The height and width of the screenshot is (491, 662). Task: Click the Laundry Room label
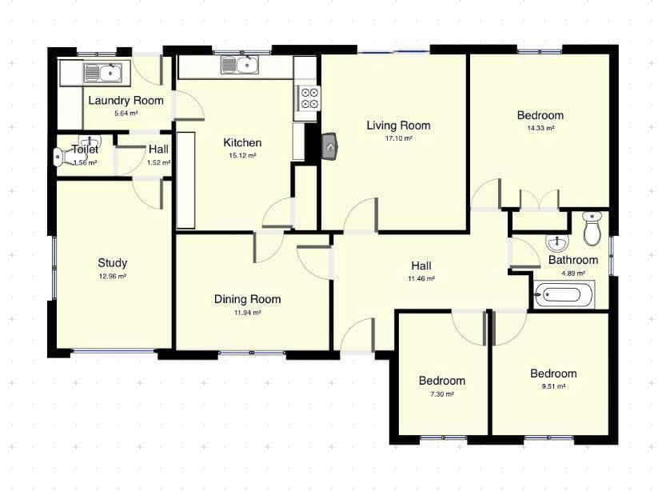pos(126,101)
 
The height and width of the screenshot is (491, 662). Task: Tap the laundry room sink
pos(103,73)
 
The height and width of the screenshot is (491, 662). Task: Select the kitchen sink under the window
pos(239,65)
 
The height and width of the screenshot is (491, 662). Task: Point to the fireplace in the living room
pos(329,147)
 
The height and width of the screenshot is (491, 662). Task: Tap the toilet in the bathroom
pos(592,228)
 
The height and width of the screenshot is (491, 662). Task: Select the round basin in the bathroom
pos(557,243)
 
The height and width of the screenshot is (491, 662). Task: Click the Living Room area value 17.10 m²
pos(398,138)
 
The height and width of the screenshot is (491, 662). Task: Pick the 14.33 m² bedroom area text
pos(540,128)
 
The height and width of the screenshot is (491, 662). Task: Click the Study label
pos(112,263)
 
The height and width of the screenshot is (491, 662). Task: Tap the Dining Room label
pos(247,299)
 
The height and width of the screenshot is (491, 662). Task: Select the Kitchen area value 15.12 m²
pos(242,155)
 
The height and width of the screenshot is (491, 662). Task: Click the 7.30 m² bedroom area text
pos(441,394)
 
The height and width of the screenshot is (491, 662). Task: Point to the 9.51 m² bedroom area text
pos(553,386)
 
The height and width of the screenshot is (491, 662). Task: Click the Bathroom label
pos(573,260)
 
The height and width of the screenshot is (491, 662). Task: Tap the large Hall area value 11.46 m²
pos(421,278)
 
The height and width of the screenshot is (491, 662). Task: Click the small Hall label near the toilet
pos(158,149)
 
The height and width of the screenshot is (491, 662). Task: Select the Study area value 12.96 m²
pos(112,277)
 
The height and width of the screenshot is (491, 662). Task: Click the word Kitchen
pos(242,142)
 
